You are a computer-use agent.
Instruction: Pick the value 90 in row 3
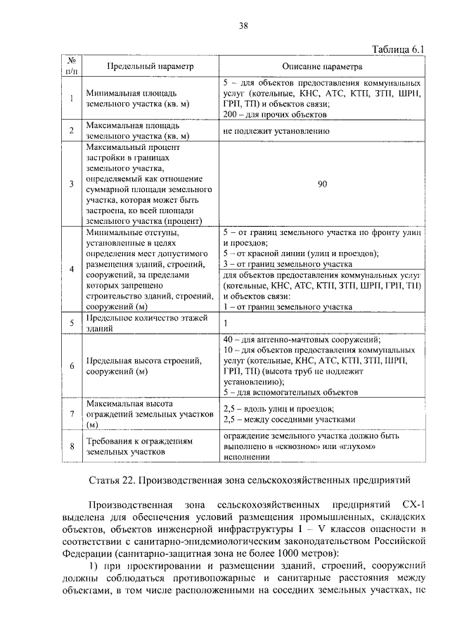coord(322,184)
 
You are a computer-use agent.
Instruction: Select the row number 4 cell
coord(72,270)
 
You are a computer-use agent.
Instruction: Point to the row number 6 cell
coord(72,365)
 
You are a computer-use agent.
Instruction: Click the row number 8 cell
coord(72,446)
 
